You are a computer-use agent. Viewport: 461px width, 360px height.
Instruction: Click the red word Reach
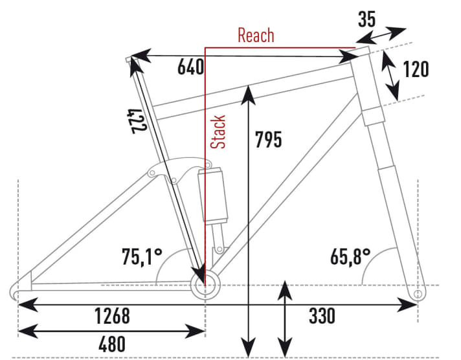(x=256, y=36)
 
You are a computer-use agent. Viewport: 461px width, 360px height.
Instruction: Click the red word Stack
(x=218, y=132)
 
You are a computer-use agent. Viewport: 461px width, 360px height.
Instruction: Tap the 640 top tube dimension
(x=190, y=67)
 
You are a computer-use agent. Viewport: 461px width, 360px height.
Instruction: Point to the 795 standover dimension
(x=269, y=139)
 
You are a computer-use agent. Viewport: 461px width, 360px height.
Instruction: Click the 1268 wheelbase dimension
(x=112, y=316)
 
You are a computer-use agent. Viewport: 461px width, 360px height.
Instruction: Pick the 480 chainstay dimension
(x=112, y=344)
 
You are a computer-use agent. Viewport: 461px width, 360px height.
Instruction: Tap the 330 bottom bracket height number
(x=322, y=316)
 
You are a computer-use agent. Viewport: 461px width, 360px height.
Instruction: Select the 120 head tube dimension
(x=416, y=69)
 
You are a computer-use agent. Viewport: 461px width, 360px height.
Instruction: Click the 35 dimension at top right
(x=366, y=19)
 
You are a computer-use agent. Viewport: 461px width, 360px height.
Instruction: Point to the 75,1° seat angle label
(x=142, y=257)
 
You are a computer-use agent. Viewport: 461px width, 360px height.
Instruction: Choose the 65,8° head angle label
(x=350, y=257)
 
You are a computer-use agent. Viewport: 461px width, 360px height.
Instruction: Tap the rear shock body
(x=213, y=195)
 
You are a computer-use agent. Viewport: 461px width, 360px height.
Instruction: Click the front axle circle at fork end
(x=418, y=294)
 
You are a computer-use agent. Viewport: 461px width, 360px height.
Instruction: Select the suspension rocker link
(x=179, y=169)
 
